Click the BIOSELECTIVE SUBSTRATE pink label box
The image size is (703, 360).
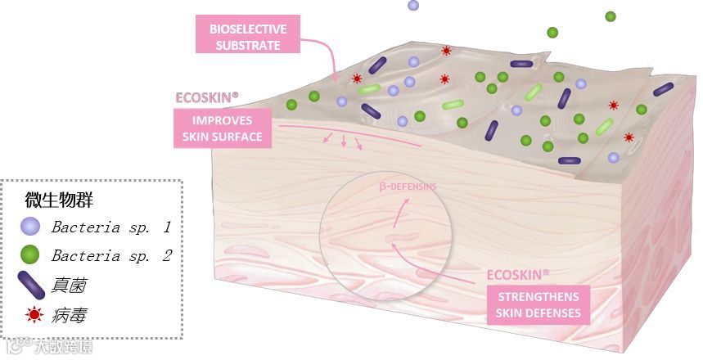click(x=247, y=37)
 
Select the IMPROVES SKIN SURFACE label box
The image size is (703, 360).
click(x=223, y=128)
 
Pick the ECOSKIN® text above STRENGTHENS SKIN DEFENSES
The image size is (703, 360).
click(x=518, y=275)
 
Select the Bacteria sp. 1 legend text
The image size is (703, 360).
click(x=110, y=227)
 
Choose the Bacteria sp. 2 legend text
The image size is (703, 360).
click(x=110, y=256)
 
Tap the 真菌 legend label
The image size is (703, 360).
click(x=69, y=285)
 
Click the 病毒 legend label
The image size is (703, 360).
click(x=69, y=314)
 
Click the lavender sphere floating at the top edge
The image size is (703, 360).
click(x=413, y=5)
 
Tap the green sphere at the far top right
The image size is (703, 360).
click(x=610, y=16)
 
